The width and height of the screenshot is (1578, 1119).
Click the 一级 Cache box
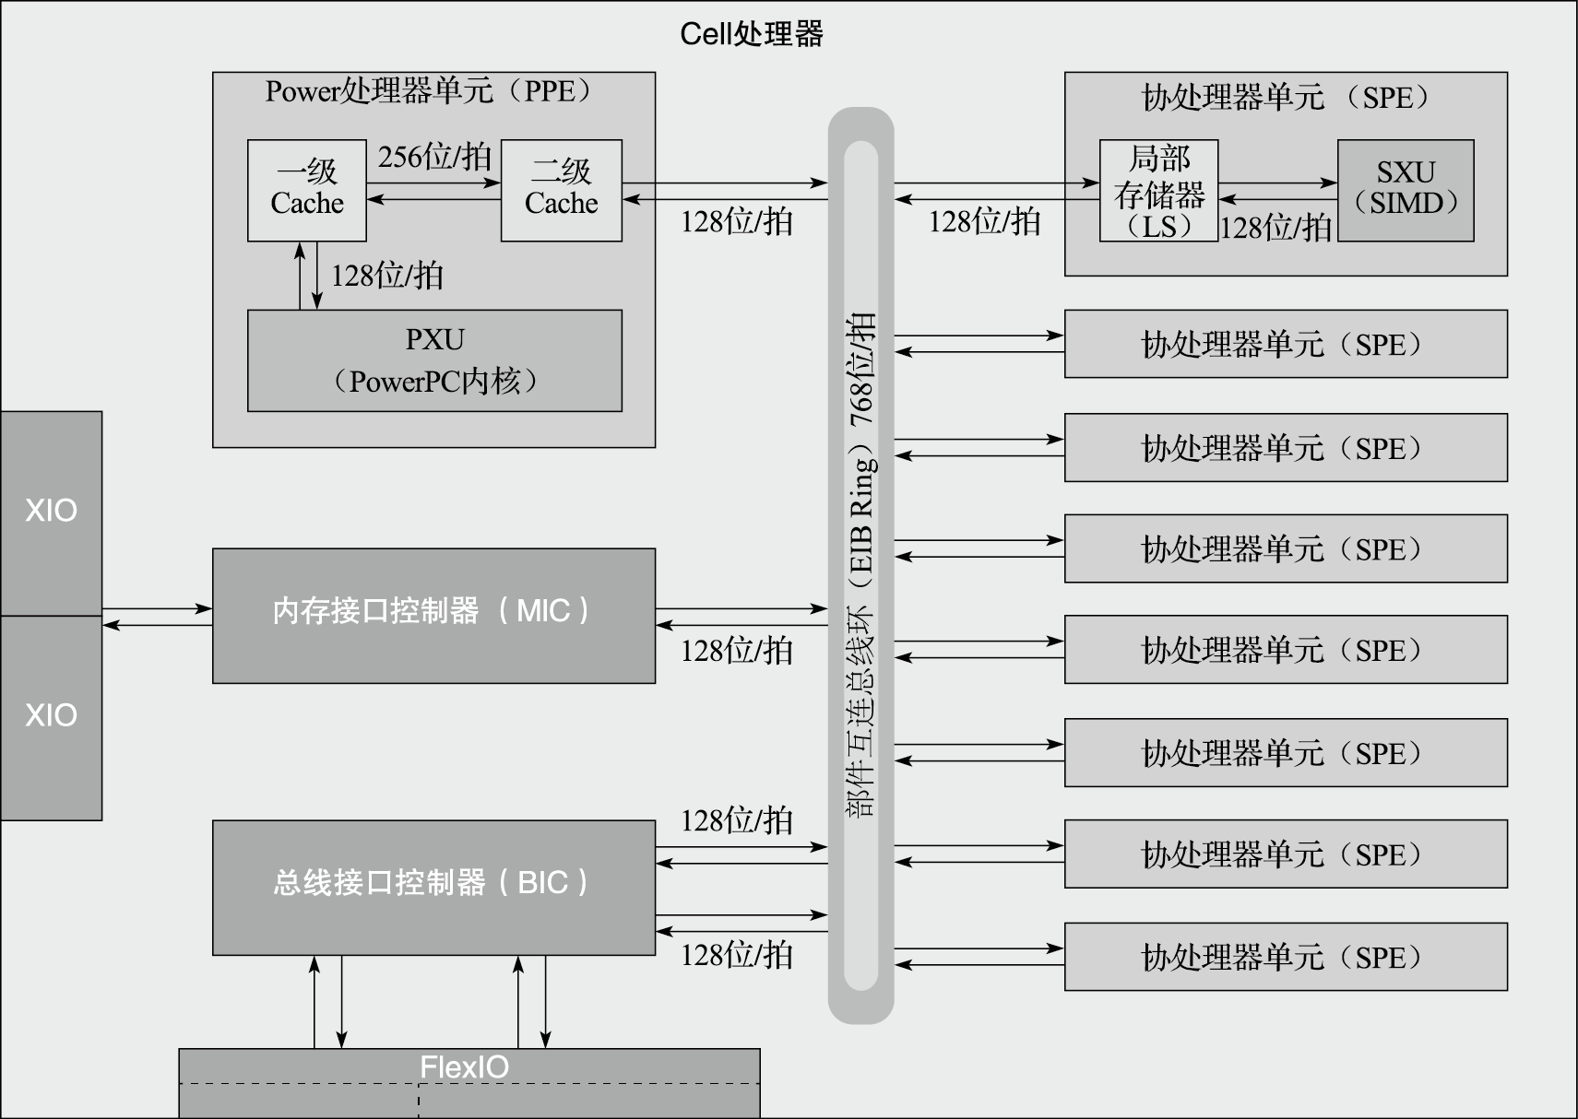pyautogui.click(x=306, y=190)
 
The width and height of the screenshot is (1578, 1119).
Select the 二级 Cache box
pyautogui.click(x=561, y=190)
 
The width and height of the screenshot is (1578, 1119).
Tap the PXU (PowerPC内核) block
pyautogui.click(x=434, y=360)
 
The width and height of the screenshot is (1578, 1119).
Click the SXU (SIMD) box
pyautogui.click(x=1406, y=190)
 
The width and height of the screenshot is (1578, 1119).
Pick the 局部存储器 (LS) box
pyautogui.click(x=1158, y=191)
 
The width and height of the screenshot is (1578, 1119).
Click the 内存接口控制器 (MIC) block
pyautogui.click(x=433, y=615)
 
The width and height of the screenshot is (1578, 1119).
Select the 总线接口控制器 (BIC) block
pyautogui.click(x=433, y=887)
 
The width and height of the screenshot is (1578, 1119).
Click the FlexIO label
pyautogui.click(x=464, y=1067)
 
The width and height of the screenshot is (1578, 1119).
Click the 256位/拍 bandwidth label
pyautogui.click(x=433, y=157)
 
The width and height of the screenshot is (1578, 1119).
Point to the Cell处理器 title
pyautogui.click(x=751, y=34)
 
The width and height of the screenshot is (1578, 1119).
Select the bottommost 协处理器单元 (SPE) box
pyautogui.click(x=1285, y=957)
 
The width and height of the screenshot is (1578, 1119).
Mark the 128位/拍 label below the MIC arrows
pyautogui.click(x=736, y=651)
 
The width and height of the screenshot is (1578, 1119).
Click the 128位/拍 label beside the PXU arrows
pyautogui.click(x=386, y=276)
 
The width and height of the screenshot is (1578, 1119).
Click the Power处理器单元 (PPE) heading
pyautogui.click(x=430, y=91)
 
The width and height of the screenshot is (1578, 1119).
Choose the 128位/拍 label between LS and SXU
pyautogui.click(x=1275, y=228)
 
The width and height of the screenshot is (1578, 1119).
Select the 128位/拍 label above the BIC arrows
pyautogui.click(x=736, y=820)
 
